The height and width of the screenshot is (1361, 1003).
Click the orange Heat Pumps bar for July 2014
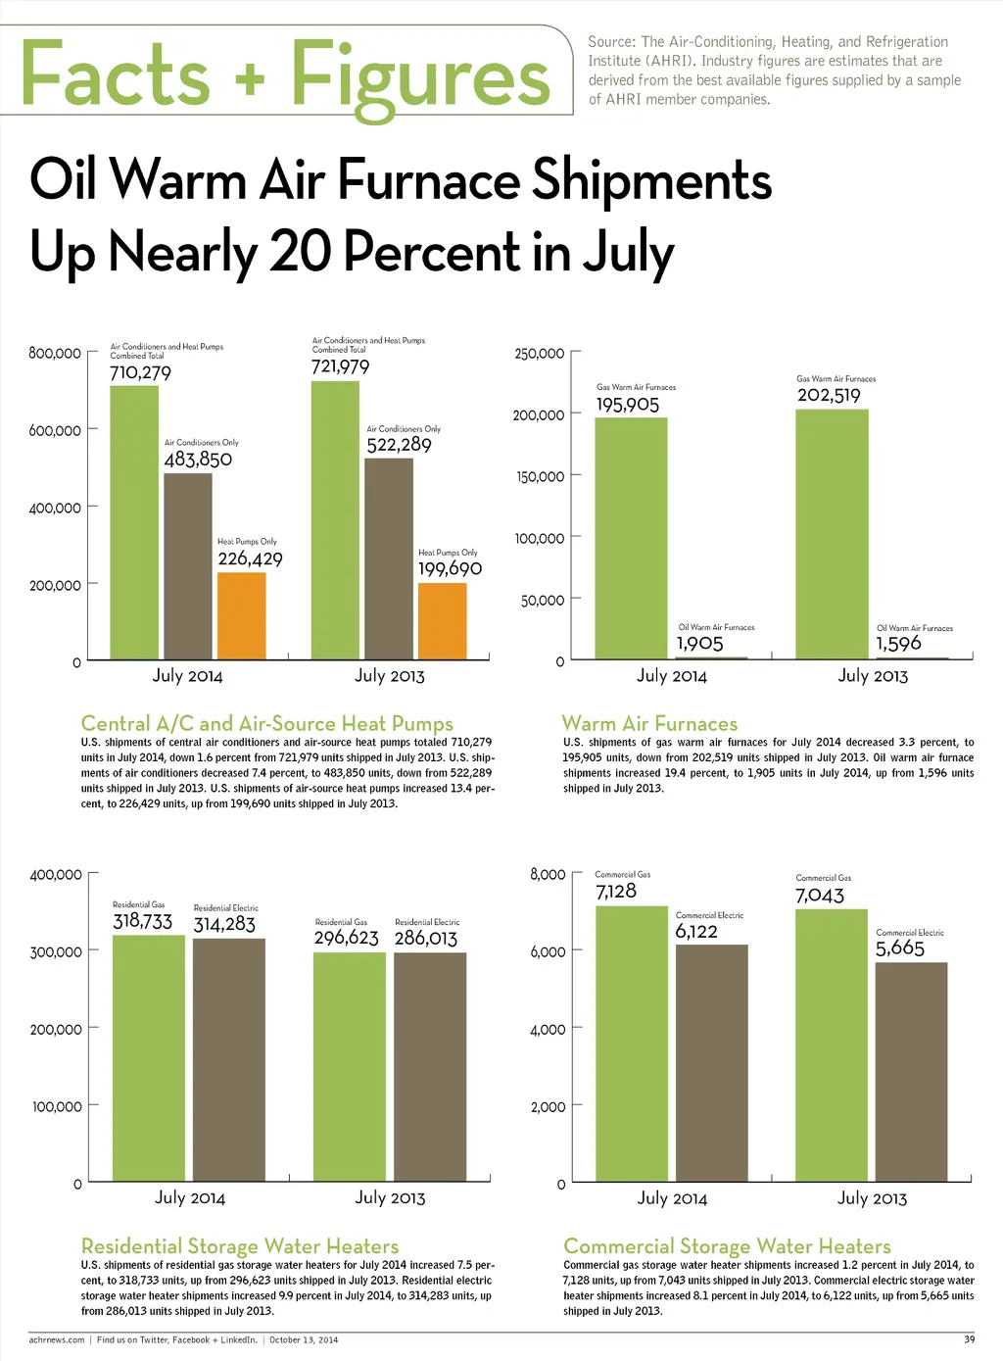pyautogui.click(x=241, y=615)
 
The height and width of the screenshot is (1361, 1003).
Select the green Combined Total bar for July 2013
pyautogui.click(x=335, y=519)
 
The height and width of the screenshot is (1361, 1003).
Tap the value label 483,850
pyautogui.click(x=198, y=460)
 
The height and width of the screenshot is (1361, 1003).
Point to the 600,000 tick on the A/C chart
pyautogui.click(x=56, y=430)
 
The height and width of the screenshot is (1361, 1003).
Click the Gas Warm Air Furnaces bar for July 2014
pyautogui.click(x=631, y=538)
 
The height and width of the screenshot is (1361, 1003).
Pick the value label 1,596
pyautogui.click(x=898, y=644)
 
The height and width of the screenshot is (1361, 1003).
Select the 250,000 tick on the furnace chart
pyautogui.click(x=540, y=354)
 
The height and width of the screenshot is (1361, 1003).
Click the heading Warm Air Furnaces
pyautogui.click(x=649, y=724)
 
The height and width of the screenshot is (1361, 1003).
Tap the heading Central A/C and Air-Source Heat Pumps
pyautogui.click(x=266, y=724)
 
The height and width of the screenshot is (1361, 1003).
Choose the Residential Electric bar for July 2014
pyautogui.click(x=228, y=1059)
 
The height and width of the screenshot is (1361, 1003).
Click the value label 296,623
pyautogui.click(x=346, y=938)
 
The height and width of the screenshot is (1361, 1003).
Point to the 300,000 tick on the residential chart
pyautogui.click(x=57, y=951)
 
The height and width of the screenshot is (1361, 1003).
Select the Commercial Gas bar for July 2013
pyautogui.click(x=831, y=1045)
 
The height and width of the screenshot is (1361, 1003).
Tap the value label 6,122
pyautogui.click(x=696, y=932)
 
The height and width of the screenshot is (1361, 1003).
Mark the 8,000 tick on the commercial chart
pyautogui.click(x=548, y=874)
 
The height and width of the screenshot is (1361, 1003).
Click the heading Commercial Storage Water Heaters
pyautogui.click(x=727, y=1246)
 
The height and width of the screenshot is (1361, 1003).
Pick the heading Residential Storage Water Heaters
pyautogui.click(x=240, y=1246)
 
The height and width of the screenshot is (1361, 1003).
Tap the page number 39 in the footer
pyautogui.click(x=969, y=1339)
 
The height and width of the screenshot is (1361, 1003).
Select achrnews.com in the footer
pyautogui.click(x=57, y=1339)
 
